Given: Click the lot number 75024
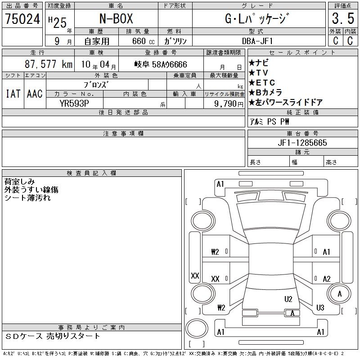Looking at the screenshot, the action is (x=22, y=18).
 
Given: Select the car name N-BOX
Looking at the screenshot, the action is (x=116, y=18).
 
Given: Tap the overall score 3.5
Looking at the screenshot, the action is (x=343, y=18).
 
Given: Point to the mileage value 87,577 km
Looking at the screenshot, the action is (x=49, y=64).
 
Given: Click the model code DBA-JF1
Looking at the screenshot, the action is (x=257, y=41).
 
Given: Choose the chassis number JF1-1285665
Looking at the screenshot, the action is (x=302, y=143).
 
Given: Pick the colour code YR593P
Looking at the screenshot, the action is (x=74, y=103).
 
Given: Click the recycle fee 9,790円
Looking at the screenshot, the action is (x=229, y=103).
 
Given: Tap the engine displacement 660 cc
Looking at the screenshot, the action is (x=143, y=41).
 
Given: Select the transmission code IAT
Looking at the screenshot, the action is (x=13, y=94).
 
